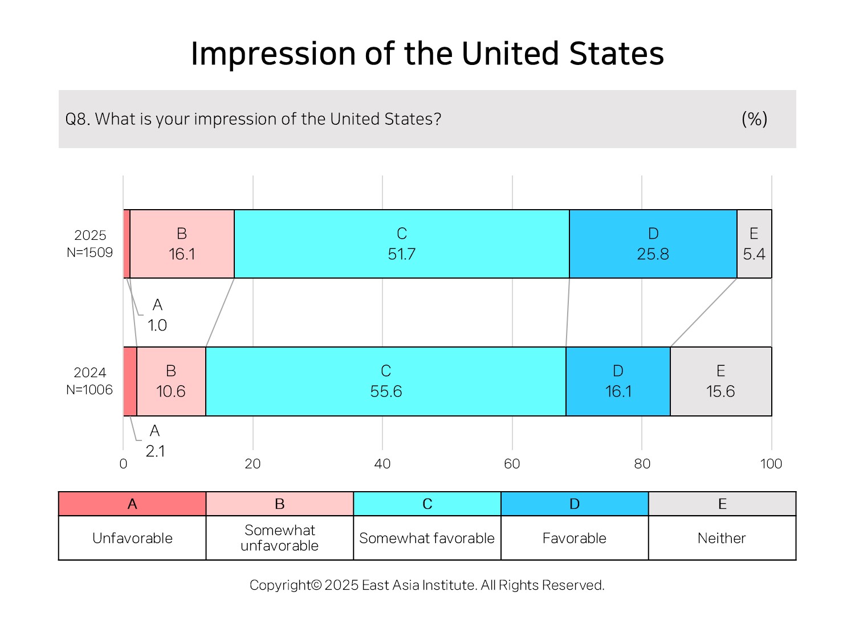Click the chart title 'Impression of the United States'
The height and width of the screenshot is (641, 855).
pyautogui.click(x=427, y=54)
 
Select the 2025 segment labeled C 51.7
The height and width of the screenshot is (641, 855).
pyautogui.click(x=402, y=244)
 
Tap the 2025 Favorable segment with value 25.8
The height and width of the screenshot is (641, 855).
pyautogui.click(x=653, y=244)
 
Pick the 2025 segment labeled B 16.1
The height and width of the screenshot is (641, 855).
pyautogui.click(x=182, y=244)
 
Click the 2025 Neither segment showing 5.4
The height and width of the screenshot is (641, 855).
pyautogui.click(x=754, y=244)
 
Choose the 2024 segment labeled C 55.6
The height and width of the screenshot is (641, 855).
pyautogui.click(x=386, y=381)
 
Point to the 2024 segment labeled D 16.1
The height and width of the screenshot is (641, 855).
pyautogui.click(x=618, y=381)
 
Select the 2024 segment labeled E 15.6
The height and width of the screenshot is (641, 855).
pyautogui.click(x=721, y=381)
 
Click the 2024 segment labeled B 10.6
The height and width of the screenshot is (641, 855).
pyautogui.click(x=172, y=381)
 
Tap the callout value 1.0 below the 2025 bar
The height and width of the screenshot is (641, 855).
pyautogui.click(x=157, y=325)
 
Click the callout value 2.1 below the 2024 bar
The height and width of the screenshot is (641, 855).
pyautogui.click(x=155, y=451)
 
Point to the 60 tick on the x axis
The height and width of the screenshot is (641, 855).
pyautogui.click(x=512, y=464)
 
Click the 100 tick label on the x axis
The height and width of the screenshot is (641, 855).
pyautogui.click(x=771, y=464)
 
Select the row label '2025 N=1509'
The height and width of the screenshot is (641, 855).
pyautogui.click(x=89, y=244)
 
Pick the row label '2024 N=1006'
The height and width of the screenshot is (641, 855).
pyautogui.click(x=89, y=381)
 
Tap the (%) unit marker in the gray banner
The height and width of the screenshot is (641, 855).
pyautogui.click(x=755, y=119)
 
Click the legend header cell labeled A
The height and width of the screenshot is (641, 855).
pyautogui.click(x=132, y=504)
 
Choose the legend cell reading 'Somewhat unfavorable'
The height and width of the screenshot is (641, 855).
pyautogui.click(x=280, y=538)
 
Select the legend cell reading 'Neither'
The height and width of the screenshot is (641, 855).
pyautogui.click(x=722, y=538)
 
